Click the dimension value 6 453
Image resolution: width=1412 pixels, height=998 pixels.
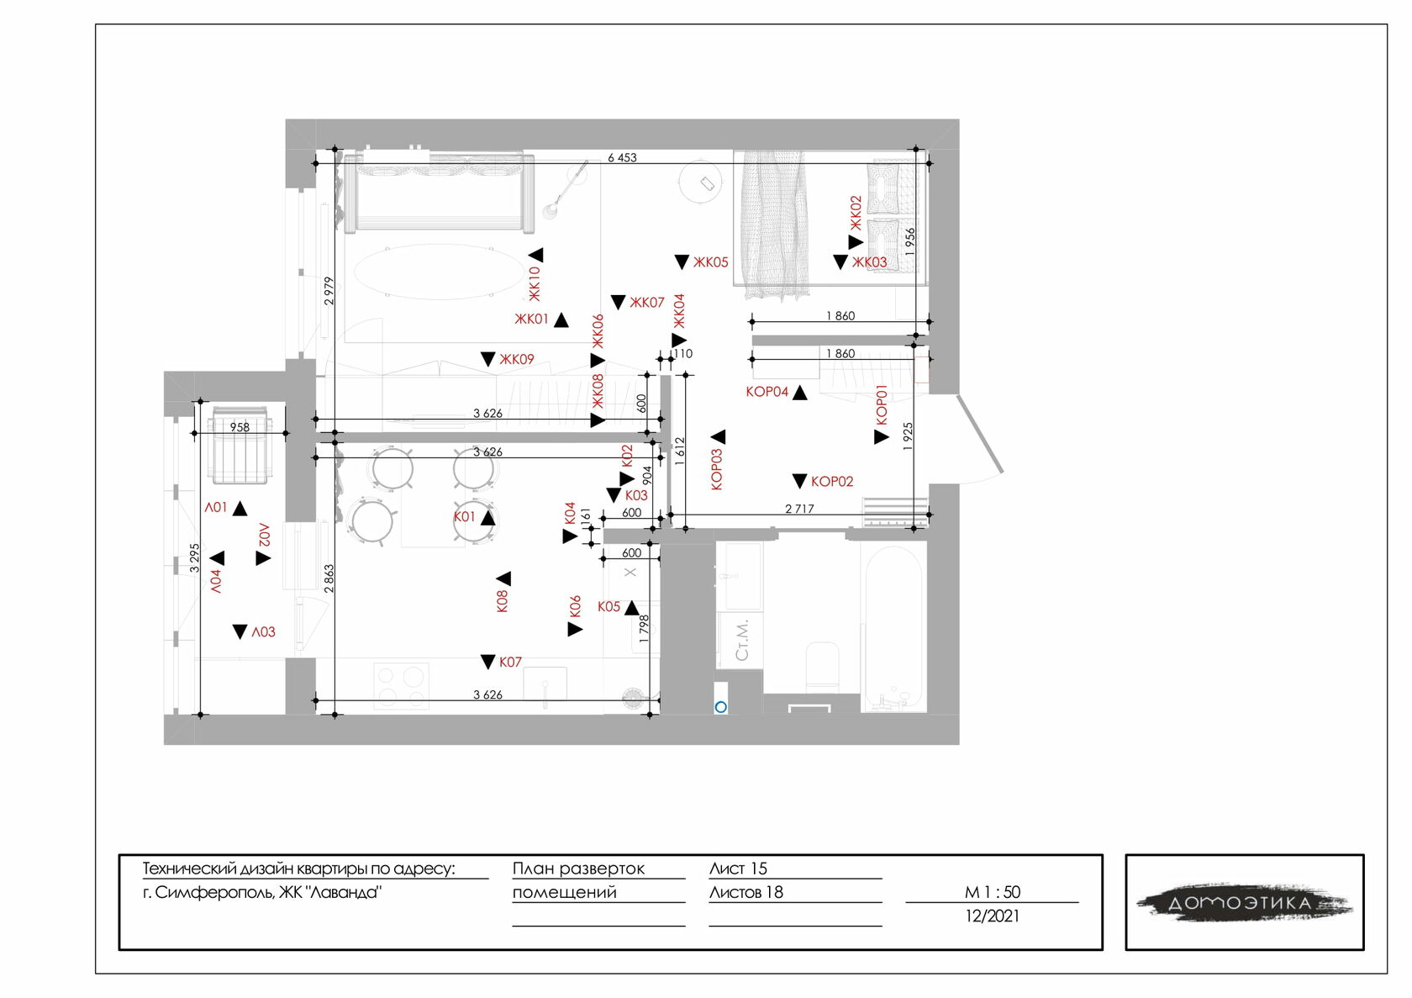pos(622,157)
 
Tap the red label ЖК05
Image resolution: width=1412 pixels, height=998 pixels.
pos(710,262)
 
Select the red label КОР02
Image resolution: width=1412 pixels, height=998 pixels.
pos(832,482)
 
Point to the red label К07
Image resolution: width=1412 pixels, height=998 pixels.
pos(510,663)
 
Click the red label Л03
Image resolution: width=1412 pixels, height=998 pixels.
pos(264,632)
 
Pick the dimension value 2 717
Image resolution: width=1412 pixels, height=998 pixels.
pos(799,509)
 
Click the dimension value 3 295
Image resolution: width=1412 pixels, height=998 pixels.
pos(194,557)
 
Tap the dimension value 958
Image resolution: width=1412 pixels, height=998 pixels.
pos(240,427)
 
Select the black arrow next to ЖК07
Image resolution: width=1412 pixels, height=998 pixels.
pos(618,302)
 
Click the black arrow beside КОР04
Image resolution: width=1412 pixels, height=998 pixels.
pos(799,393)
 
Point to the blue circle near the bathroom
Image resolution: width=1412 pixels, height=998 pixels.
pos(720,707)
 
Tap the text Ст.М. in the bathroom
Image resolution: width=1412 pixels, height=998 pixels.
pos(741,641)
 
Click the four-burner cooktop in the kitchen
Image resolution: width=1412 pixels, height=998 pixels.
pos(401,685)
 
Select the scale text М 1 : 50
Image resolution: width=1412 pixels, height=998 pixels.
pos(992,892)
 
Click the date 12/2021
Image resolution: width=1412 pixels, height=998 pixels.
pos(992,916)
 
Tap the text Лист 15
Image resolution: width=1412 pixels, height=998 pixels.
pos(738,869)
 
